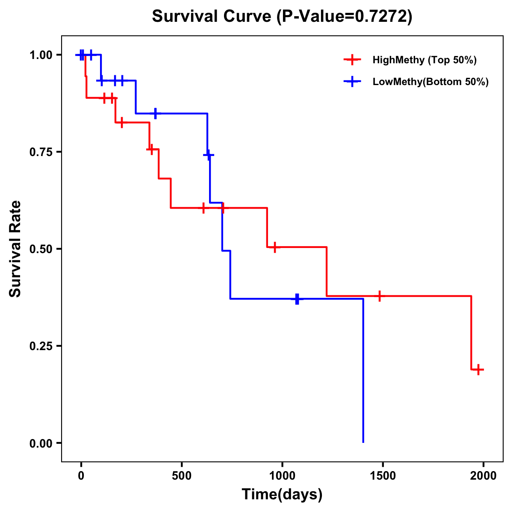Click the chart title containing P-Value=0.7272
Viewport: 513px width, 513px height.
(282, 17)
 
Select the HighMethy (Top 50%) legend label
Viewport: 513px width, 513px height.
(424, 60)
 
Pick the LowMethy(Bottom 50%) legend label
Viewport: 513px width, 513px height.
(430, 82)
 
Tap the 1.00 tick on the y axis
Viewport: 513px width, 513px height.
(41, 55)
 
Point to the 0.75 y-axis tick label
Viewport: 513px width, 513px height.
(41, 152)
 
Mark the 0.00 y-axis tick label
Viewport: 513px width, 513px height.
(41, 443)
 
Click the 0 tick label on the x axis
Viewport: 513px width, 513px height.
(81, 476)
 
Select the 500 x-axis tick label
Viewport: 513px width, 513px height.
(182, 476)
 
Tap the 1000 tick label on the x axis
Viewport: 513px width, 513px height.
(282, 476)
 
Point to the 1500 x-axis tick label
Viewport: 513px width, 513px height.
(383, 476)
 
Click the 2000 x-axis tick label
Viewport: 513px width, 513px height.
(484, 476)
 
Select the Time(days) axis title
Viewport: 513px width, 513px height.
(282, 495)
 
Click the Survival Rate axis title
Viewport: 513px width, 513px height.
(15, 249)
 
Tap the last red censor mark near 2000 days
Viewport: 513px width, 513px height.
(479, 369)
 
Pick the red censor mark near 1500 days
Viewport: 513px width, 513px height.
(379, 296)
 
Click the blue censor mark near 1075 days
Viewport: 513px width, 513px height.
(297, 299)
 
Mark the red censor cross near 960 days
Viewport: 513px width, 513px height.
(274, 247)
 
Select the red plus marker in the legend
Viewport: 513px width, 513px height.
(351, 60)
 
